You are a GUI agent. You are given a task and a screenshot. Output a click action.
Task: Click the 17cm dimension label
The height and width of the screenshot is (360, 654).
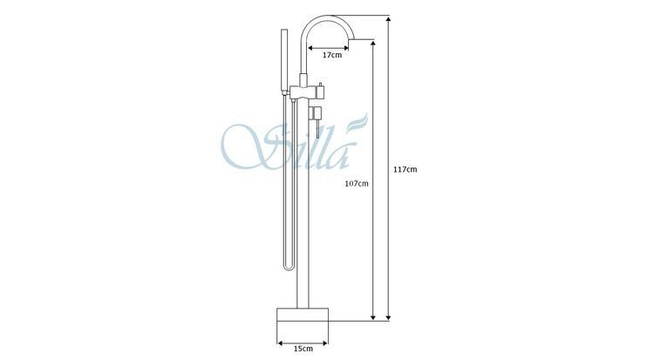331,55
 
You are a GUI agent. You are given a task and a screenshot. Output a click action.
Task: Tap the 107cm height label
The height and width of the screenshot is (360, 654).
357,183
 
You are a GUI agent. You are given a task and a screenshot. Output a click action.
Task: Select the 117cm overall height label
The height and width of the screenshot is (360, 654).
405,169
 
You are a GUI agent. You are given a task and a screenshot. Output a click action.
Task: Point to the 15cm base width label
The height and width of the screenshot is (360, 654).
303,349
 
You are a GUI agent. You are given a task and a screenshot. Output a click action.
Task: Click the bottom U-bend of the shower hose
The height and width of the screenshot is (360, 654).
289,268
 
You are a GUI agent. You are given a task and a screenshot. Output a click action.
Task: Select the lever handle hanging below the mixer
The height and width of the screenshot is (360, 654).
317,128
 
